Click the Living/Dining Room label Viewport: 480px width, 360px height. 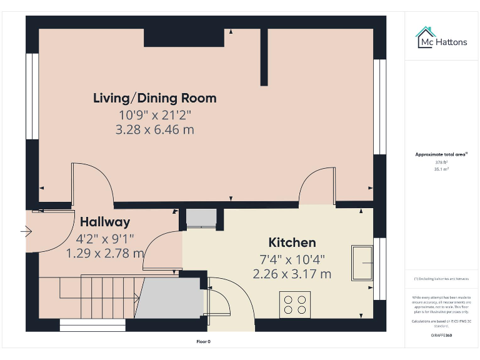tap(154, 98)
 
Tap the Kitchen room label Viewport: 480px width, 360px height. tap(292, 242)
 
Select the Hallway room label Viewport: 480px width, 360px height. tap(105, 222)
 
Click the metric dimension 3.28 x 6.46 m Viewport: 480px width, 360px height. tap(154, 130)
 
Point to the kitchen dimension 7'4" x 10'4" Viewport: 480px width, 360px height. tap(292, 259)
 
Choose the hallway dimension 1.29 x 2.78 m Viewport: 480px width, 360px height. tap(105, 254)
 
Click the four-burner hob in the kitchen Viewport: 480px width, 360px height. tap(295, 304)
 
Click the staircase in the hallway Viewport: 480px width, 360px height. tap(94, 296)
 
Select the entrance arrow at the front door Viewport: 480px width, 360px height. tap(26, 232)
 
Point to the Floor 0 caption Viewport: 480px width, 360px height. tap(204, 342)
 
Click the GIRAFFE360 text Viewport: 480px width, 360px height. tap(441, 336)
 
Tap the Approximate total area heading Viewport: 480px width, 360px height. tap(441, 154)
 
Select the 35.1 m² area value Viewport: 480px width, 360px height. tap(441, 169)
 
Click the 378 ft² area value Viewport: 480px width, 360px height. tap(441, 162)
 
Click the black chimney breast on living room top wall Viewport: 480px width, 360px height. tap(184, 37)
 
